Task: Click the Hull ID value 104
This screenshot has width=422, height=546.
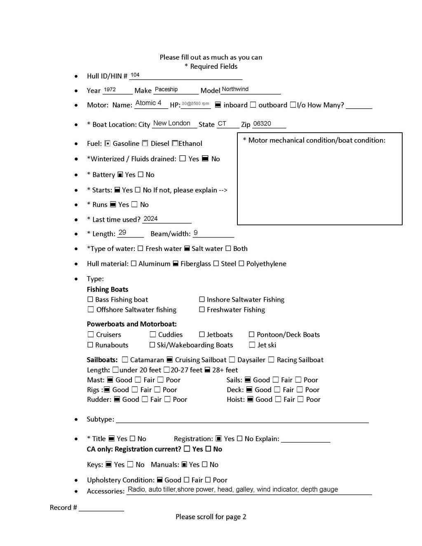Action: (x=135, y=75)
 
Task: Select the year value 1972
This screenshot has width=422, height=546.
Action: (x=110, y=89)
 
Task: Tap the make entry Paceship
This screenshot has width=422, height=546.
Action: (x=166, y=89)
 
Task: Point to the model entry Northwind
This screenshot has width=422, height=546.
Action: (x=235, y=89)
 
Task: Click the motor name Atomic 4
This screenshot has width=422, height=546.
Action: (x=148, y=103)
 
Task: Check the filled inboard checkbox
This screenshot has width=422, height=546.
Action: (x=218, y=105)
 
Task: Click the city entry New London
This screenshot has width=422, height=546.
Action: (x=172, y=123)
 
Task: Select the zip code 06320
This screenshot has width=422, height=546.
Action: (x=262, y=124)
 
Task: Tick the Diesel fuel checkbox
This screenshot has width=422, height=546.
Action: (x=145, y=143)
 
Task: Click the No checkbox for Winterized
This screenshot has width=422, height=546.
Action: (x=205, y=159)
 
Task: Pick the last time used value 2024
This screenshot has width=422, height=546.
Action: (x=150, y=219)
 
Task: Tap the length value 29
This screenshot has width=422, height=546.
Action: (x=122, y=232)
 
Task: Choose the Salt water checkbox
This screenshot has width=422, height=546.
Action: (x=187, y=248)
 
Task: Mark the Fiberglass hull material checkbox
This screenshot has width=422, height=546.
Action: (x=176, y=264)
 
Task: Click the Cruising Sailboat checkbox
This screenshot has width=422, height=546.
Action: (x=169, y=360)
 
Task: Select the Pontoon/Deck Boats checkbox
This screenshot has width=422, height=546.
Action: (x=252, y=335)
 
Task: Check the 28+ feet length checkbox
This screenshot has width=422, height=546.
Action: (x=207, y=370)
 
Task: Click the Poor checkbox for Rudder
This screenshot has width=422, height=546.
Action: (x=167, y=399)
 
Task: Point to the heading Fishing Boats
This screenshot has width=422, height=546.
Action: (x=108, y=289)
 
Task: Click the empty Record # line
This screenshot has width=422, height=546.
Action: (x=101, y=508)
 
